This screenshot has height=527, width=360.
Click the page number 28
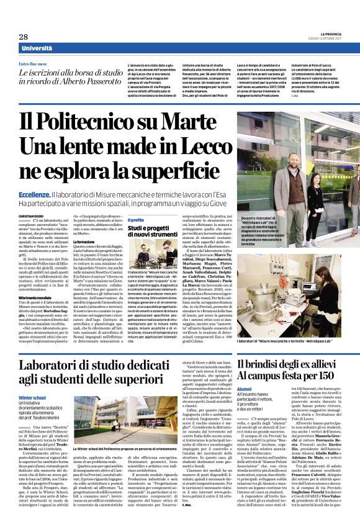click(x=23, y=37)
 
